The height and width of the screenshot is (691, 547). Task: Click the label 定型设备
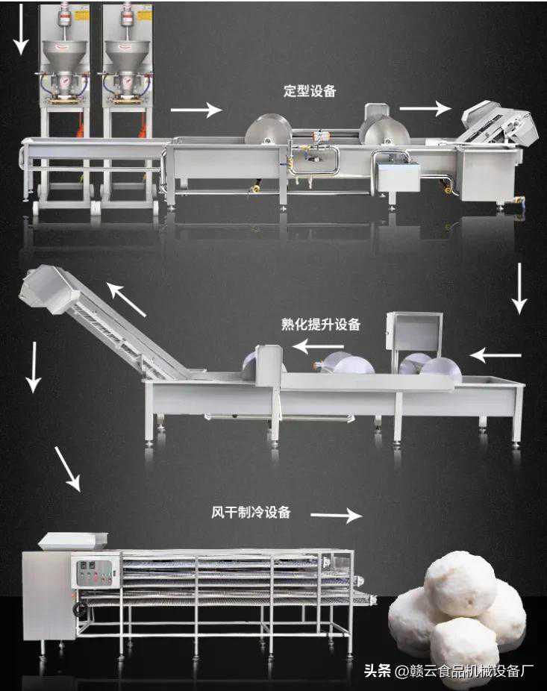[x=310, y=92]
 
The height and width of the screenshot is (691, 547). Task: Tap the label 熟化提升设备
[x=321, y=325]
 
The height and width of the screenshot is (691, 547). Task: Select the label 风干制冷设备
[x=251, y=513]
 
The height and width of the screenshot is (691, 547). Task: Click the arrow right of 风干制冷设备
[x=335, y=515]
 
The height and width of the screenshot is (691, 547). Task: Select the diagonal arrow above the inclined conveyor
[x=126, y=298]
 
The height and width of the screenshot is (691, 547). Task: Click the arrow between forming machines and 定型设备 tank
[x=196, y=110]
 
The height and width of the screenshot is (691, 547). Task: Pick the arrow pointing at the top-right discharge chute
[x=425, y=108]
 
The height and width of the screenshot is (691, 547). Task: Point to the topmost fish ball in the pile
[x=460, y=583]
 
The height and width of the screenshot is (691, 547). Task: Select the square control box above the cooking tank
[x=414, y=333]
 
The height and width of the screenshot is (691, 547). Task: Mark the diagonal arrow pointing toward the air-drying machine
[x=67, y=469]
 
